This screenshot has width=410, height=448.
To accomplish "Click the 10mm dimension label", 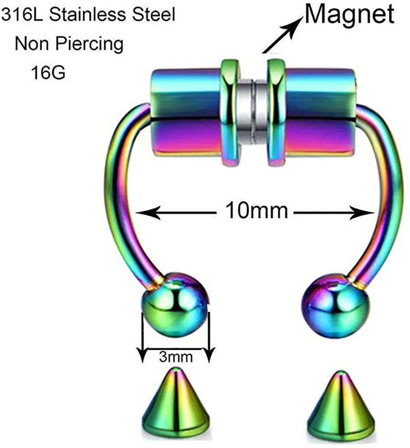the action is (x=256, y=210).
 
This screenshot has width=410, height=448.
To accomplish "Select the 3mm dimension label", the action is (x=176, y=356).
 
